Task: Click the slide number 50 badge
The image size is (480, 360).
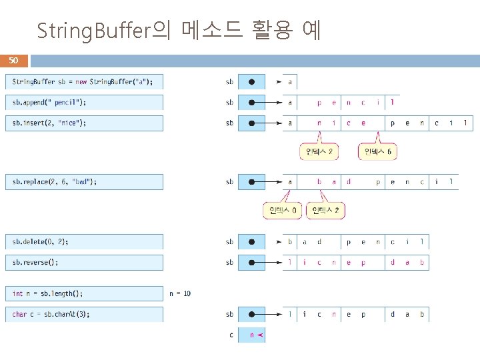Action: point(13,61)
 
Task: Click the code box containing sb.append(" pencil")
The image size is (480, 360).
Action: point(84,103)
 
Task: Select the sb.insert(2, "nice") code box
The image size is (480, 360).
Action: point(84,123)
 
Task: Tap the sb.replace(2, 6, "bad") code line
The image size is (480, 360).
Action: point(84,181)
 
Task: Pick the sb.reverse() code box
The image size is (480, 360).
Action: point(84,262)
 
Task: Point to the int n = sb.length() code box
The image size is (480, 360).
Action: point(84,293)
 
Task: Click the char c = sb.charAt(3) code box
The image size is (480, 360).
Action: point(84,314)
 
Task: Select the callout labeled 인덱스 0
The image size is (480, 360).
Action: point(283,211)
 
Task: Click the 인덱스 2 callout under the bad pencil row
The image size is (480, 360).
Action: point(325,211)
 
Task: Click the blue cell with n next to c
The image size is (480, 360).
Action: point(251,335)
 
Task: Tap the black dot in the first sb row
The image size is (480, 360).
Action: point(251,82)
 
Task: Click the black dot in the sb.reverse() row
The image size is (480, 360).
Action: point(251,262)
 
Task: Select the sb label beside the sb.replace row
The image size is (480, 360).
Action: point(230,181)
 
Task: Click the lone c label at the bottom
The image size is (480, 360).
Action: point(231,335)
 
